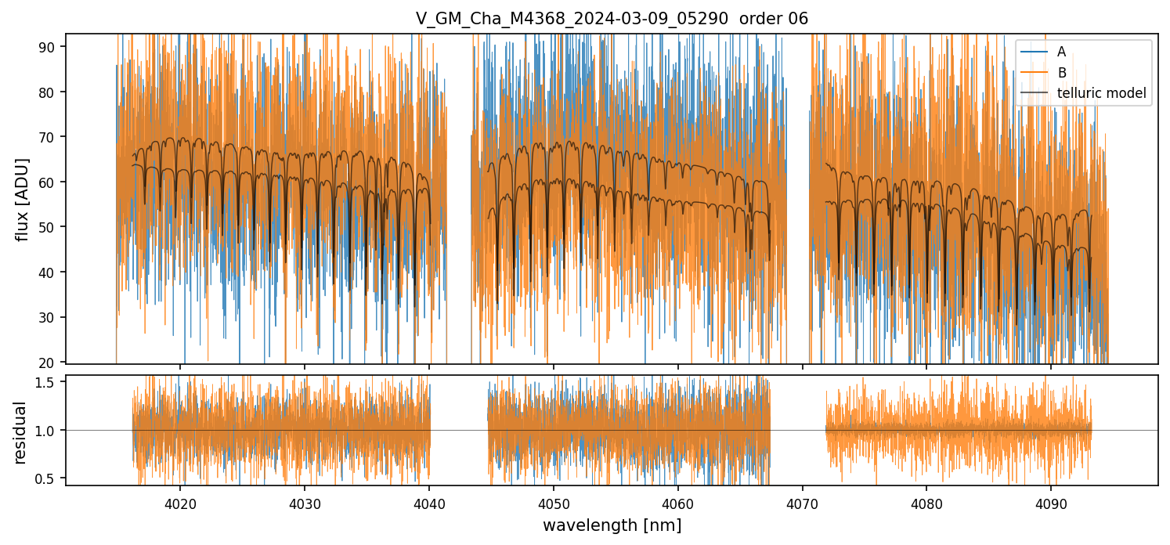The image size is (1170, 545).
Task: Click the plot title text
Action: (x=612, y=18)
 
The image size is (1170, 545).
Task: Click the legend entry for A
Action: (x=1061, y=52)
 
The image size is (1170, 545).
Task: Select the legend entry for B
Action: (x=1061, y=73)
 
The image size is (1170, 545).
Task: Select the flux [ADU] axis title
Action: (x=23, y=199)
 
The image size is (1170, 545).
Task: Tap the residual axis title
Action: (x=21, y=431)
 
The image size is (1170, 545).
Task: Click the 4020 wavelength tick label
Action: (x=180, y=502)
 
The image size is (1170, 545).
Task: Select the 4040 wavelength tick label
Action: (x=429, y=502)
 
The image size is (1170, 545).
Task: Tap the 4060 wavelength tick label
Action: (x=677, y=502)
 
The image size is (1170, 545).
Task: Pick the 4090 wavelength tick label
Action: (x=1051, y=502)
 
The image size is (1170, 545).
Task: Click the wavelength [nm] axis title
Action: (x=612, y=525)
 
